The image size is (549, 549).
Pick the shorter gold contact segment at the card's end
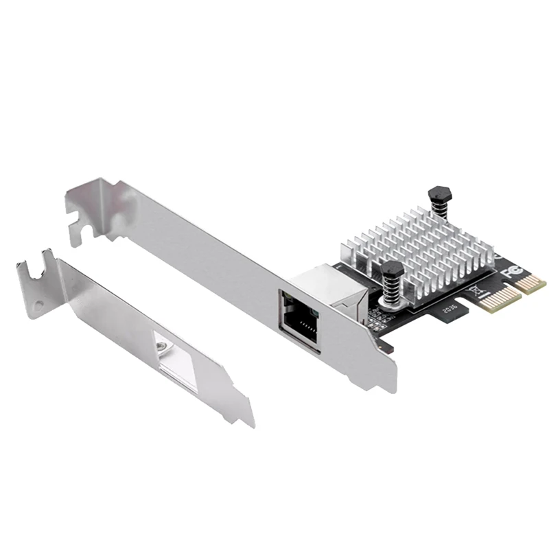(x=531, y=282)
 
